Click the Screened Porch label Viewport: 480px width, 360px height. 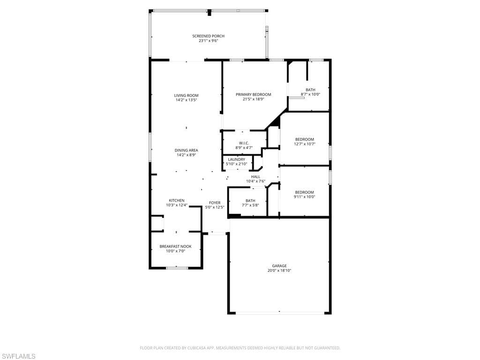click(208, 36)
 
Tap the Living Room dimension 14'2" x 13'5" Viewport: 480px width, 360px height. click(186, 100)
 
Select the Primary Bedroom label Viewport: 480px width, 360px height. click(253, 95)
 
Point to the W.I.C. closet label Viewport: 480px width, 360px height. click(244, 143)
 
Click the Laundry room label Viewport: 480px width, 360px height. click(236, 159)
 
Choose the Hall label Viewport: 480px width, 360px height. click(255, 177)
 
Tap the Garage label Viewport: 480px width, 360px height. click(279, 266)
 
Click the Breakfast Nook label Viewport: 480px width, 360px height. click(175, 247)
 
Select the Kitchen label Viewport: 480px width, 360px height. click(177, 201)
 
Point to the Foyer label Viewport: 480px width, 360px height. click(215, 203)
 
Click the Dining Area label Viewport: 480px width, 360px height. click(186, 150)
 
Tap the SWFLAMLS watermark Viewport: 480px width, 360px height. click(18, 356)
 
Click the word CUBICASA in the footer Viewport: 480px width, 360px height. click(192, 348)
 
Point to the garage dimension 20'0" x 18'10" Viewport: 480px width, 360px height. click(279, 270)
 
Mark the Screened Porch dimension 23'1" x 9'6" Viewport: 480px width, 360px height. click(208, 41)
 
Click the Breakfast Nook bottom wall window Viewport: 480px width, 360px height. click(177, 268)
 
